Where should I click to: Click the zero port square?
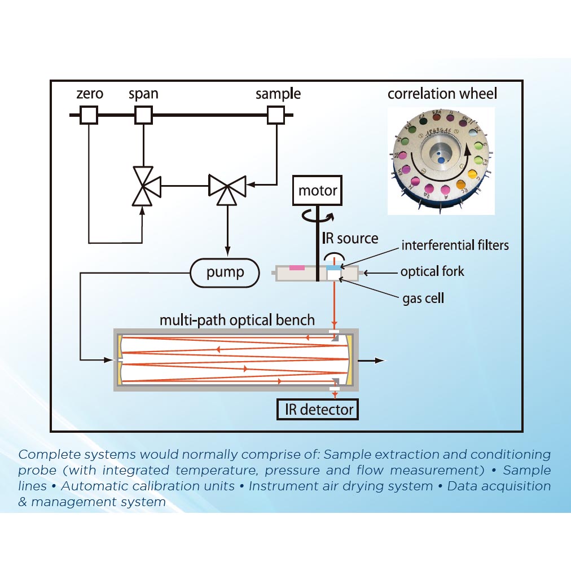(89, 116)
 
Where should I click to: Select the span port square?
(143, 116)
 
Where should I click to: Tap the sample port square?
(276, 116)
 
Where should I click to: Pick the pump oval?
(225, 274)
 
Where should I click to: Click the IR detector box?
(318, 409)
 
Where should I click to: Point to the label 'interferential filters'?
(455, 245)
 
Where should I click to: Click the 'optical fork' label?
(432, 271)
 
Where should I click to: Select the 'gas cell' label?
(422, 298)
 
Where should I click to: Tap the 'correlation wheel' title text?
(442, 93)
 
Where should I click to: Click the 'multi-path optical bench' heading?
(237, 320)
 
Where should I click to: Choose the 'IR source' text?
(350, 238)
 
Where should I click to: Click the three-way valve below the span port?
(143, 185)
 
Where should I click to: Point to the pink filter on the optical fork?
(297, 267)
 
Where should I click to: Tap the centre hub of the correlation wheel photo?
(441, 155)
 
